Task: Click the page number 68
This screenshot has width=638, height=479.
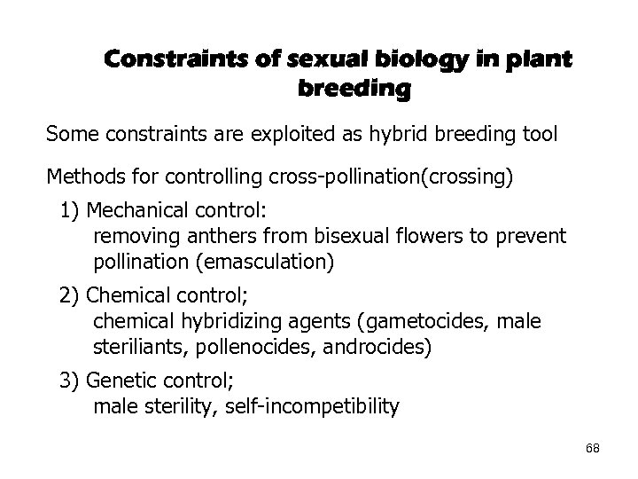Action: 592,449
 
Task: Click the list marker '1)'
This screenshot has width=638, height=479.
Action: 71,214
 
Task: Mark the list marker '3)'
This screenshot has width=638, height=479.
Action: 71,382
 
